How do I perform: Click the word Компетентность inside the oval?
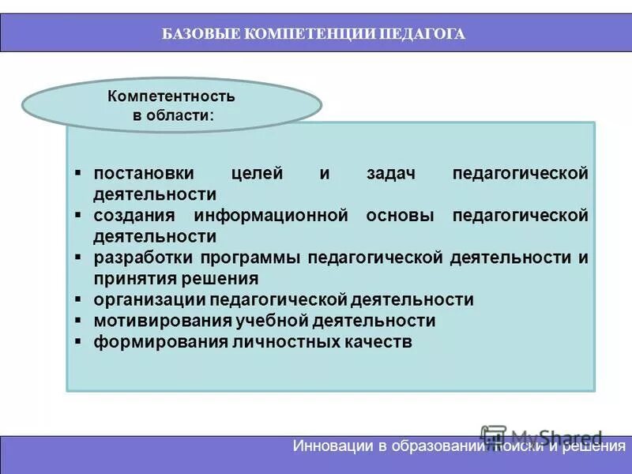tap(171, 97)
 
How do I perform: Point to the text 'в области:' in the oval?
tap(171, 115)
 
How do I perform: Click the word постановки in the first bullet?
tap(145, 173)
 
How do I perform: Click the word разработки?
tap(143, 258)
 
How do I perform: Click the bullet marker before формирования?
tap(78, 342)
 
